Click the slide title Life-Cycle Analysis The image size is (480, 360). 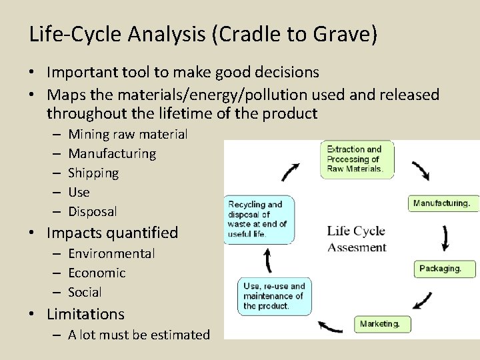point(203,34)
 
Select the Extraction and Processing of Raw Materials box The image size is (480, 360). point(357,159)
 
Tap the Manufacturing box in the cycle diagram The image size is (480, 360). point(443,203)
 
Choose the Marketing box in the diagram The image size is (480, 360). point(382,324)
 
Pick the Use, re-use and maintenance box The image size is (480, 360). point(274,296)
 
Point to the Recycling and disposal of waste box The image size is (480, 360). point(257,219)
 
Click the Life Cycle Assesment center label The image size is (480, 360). point(357,239)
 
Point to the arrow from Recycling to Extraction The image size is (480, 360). point(291,171)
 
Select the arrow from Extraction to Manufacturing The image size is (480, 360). point(420,171)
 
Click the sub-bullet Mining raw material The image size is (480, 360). point(127,134)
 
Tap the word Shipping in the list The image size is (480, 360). point(93,173)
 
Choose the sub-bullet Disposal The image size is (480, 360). point(93,211)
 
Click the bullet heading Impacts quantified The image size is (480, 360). point(113,233)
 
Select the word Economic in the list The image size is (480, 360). point(97,273)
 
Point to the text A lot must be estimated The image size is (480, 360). point(139,335)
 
